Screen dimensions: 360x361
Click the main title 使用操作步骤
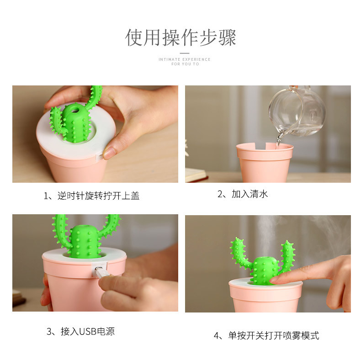pos(180,37)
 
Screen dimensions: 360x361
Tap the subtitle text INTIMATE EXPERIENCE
pos(185,59)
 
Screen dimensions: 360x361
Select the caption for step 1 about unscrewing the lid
pos(91,196)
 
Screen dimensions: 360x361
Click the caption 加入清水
pos(242,194)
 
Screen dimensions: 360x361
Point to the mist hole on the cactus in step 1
pos(75,111)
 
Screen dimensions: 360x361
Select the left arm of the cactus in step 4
pos(240,254)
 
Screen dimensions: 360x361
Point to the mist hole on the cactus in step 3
pos(84,227)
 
